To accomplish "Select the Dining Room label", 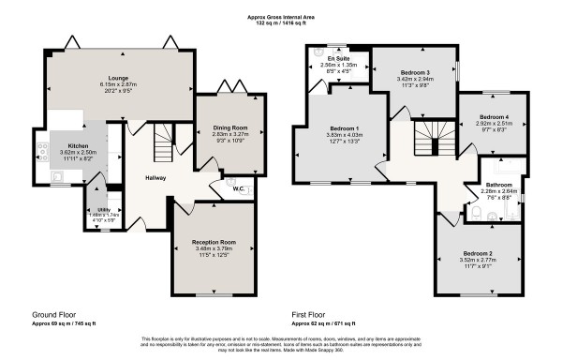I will [227, 127].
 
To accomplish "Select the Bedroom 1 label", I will [343, 127].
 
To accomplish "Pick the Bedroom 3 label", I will [415, 72].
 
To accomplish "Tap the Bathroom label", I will [497, 185].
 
